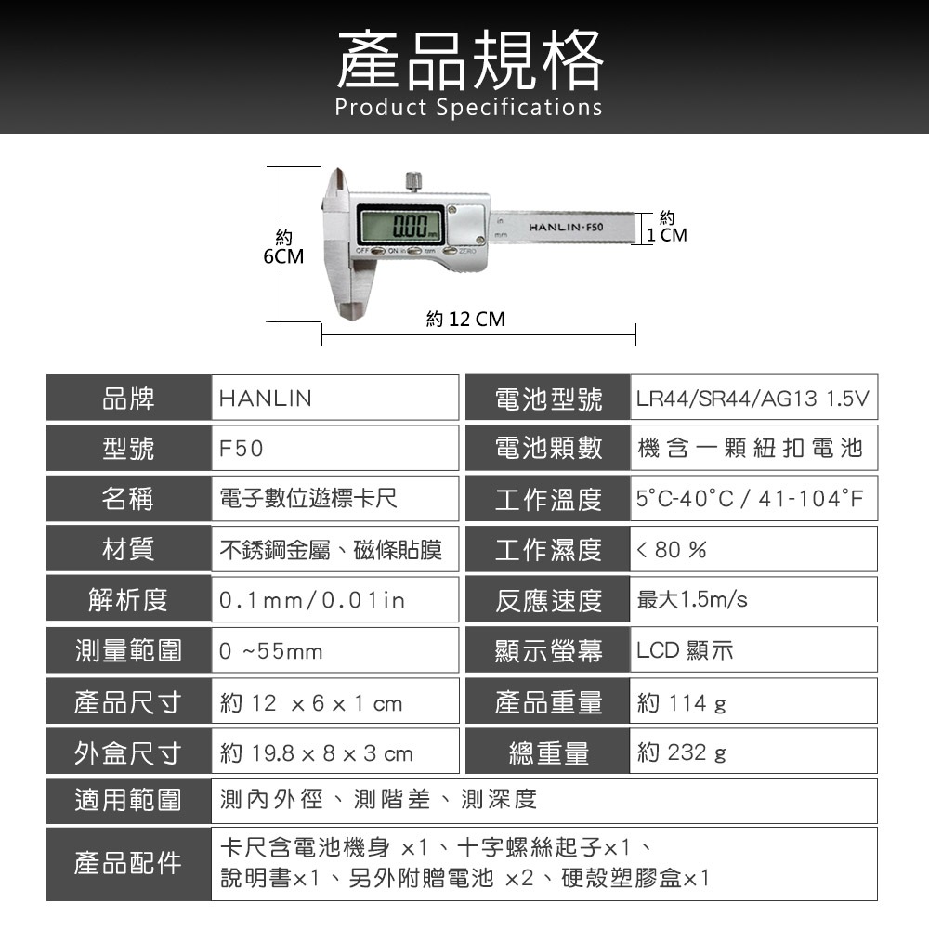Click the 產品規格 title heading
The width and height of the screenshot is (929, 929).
470,60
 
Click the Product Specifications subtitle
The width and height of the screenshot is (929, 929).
468,107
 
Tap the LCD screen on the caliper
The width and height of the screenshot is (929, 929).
401,225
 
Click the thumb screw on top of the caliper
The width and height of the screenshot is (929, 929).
414,181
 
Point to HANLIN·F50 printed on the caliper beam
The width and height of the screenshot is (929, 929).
566,227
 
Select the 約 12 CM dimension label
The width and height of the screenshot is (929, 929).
465,319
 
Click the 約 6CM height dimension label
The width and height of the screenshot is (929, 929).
283,248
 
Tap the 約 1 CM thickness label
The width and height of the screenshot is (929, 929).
667,227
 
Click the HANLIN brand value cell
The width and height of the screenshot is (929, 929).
334,399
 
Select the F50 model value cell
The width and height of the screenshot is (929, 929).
334,449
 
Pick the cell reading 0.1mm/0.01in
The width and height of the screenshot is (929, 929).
334,600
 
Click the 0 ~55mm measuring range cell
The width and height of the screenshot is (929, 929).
334,650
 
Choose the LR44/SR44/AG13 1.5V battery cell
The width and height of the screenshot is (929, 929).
753,399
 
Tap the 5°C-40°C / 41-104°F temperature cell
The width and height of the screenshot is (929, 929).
753,499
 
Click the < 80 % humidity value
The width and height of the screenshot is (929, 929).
672,550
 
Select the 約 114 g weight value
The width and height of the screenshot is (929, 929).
681,702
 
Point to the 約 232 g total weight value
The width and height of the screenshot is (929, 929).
681,753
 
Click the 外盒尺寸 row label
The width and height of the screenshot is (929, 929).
128,753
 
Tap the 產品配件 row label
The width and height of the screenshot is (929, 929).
128,863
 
